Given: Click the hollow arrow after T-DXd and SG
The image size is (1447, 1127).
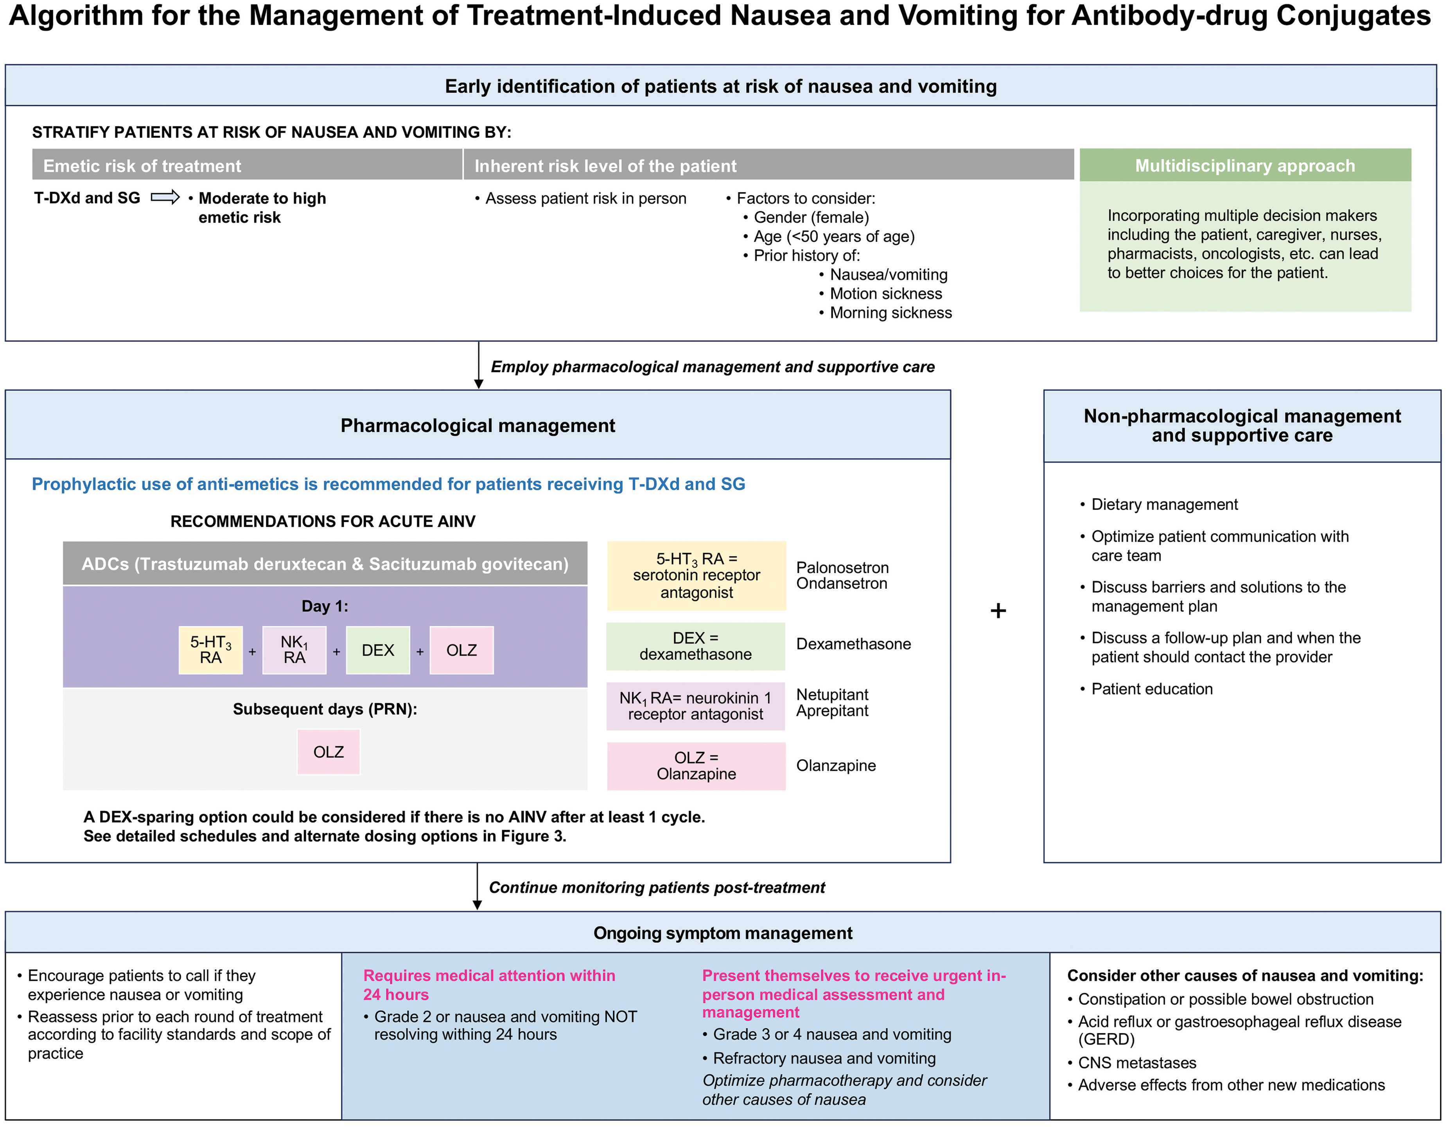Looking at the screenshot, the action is point(165,198).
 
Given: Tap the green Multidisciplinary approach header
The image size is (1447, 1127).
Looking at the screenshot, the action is point(1245,165).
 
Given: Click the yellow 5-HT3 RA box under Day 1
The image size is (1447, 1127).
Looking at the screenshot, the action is point(211,650).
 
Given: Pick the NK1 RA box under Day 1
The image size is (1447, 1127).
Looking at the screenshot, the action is point(294,650).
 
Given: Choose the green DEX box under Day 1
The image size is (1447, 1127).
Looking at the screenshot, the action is point(378,650).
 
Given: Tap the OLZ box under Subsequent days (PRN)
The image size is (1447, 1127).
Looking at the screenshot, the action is point(329,752).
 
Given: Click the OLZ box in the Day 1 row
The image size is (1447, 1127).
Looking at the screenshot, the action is point(462,650).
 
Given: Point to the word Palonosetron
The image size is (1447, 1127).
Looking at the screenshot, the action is point(842,568).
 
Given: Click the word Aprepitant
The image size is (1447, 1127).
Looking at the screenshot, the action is point(832,711).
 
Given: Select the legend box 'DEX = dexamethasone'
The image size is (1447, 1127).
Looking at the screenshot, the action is point(696,646).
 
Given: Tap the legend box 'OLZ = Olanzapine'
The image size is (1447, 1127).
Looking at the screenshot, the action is point(697,766).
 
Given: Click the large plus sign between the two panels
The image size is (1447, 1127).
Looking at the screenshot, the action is point(998,610).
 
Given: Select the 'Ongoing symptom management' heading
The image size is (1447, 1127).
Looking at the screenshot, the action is point(723,933).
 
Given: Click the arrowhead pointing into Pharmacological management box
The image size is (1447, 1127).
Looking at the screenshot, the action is point(478,384).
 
